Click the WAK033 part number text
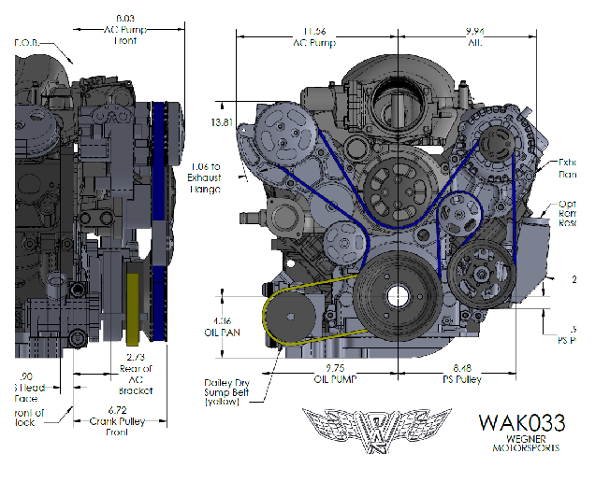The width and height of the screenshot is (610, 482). [521, 422]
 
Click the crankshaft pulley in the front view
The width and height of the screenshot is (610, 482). [391, 296]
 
